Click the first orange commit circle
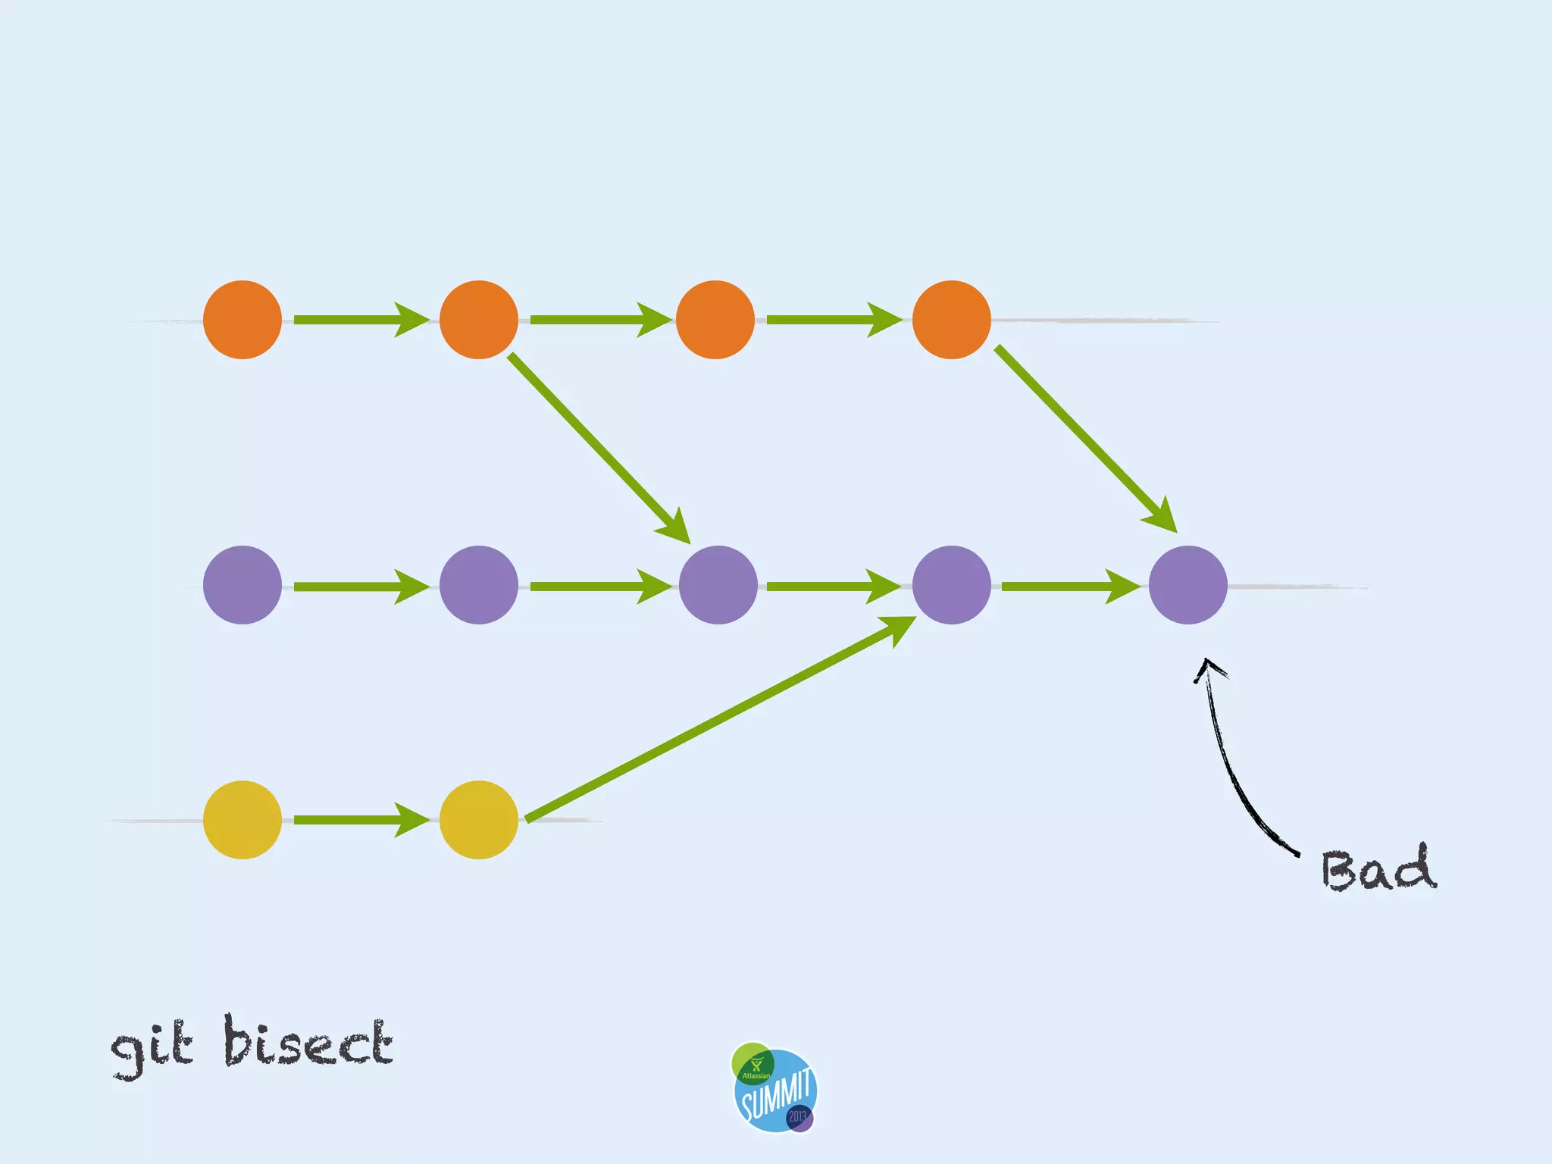pyautogui.click(x=242, y=320)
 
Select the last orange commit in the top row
pyautogui.click(x=952, y=320)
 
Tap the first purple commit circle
pyautogui.click(x=242, y=585)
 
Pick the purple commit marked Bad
pyautogui.click(x=1188, y=585)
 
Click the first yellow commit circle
pyautogui.click(x=242, y=820)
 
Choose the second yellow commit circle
pyautogui.click(x=479, y=820)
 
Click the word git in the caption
pyautogui.click(x=152, y=1047)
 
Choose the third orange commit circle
pyautogui.click(x=715, y=320)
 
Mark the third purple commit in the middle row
pyautogui.click(x=718, y=585)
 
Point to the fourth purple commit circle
pyautogui.click(x=952, y=585)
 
